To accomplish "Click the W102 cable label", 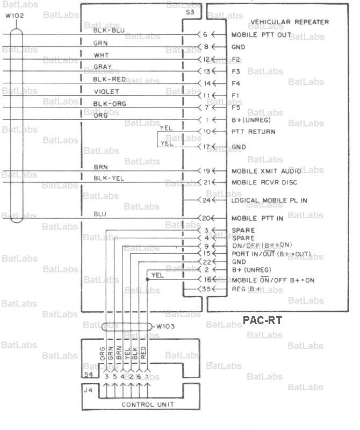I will pyautogui.click(x=14, y=16).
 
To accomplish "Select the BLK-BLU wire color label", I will pyautogui.click(x=109, y=30).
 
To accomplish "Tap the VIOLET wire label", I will pyautogui.click(x=106, y=92).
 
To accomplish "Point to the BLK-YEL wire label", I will pyautogui.click(x=109, y=178).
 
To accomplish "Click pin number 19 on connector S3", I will pyautogui.click(x=207, y=171).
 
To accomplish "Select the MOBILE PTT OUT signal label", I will pyautogui.click(x=261, y=35).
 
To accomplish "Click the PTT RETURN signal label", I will pyautogui.click(x=254, y=131).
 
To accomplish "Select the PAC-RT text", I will pyautogui.click(x=263, y=321).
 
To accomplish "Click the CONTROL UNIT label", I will pyautogui.click(x=142, y=404).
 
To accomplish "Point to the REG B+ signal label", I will pyautogui.click(x=247, y=290).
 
